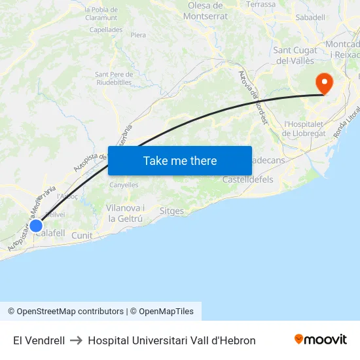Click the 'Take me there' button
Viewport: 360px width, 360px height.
click(180, 160)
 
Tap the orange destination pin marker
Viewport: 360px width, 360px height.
click(323, 83)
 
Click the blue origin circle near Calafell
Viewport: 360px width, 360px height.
click(36, 226)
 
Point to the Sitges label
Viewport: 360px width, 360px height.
click(171, 211)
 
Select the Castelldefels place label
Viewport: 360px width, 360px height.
click(248, 179)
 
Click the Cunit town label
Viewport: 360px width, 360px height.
click(82, 236)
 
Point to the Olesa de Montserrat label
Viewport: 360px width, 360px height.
click(207, 10)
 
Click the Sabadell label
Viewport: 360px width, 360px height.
click(310, 17)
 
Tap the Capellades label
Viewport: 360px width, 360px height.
click(105, 29)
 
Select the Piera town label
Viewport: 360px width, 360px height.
click(138, 35)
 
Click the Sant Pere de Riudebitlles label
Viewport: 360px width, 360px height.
click(114, 79)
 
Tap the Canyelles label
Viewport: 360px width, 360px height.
click(124, 185)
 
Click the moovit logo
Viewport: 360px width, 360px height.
click(321, 340)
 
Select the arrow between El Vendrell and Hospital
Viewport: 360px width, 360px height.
click(77, 340)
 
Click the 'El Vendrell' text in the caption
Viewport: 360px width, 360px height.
click(39, 340)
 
